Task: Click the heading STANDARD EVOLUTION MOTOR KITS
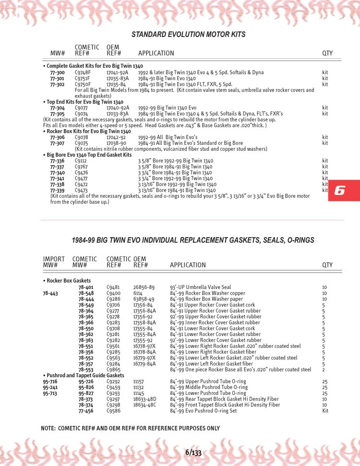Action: [188, 35]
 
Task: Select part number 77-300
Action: [57, 72]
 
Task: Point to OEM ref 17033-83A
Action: [117, 114]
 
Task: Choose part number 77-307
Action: [57, 143]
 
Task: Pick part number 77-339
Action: [57, 190]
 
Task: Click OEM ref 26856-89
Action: [144, 287]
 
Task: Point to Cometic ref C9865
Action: [113, 370]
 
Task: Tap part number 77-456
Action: [86, 411]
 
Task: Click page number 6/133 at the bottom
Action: [193, 452]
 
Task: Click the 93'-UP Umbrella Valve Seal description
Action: [200, 287]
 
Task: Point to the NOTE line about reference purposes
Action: [130, 428]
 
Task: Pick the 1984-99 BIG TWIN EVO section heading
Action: [193, 240]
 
